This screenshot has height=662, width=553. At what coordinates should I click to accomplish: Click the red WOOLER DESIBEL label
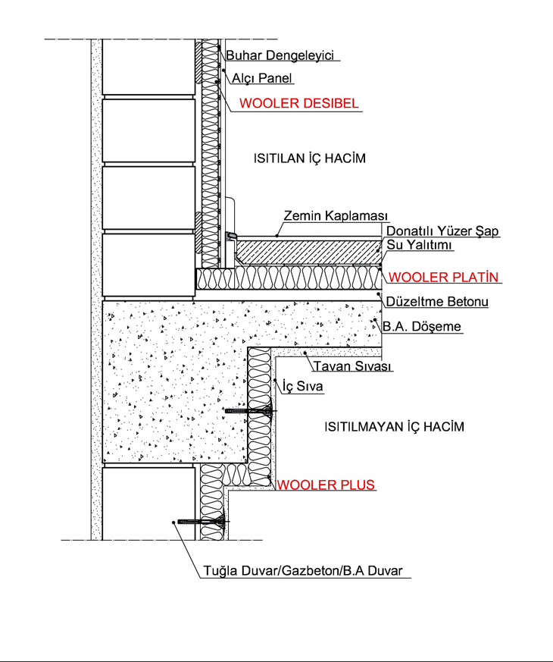click(x=298, y=103)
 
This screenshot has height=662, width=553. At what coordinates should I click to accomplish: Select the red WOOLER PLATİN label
click(x=443, y=278)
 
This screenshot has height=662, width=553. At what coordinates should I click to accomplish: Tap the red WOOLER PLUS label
click(x=326, y=485)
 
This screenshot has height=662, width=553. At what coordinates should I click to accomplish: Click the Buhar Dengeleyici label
click(x=280, y=55)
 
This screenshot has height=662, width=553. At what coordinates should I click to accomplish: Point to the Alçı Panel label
click(x=262, y=78)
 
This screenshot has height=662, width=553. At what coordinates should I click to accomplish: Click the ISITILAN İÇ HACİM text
click(x=310, y=158)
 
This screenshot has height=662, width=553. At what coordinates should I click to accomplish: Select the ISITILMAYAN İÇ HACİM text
click(x=394, y=427)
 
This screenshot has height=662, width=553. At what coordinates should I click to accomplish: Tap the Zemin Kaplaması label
click(x=336, y=216)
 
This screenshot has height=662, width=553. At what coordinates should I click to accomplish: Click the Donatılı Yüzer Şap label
click(x=442, y=231)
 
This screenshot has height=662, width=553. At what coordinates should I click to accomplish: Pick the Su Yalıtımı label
click(x=419, y=245)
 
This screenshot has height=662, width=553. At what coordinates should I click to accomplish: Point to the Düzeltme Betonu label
click(x=437, y=302)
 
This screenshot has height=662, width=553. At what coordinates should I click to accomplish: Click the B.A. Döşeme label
click(x=422, y=326)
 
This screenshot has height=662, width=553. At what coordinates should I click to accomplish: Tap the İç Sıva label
click(x=302, y=386)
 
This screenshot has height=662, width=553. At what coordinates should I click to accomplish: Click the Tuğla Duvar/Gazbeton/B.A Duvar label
click(x=303, y=571)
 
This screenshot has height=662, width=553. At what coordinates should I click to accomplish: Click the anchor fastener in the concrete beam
click(x=251, y=411)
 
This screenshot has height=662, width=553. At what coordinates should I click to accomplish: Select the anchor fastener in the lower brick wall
click(x=203, y=522)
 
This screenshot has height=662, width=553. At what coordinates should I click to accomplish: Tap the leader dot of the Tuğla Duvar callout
click(x=173, y=522)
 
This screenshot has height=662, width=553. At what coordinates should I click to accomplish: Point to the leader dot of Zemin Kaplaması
click(x=277, y=236)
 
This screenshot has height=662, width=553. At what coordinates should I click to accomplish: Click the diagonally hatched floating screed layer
click(x=308, y=253)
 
